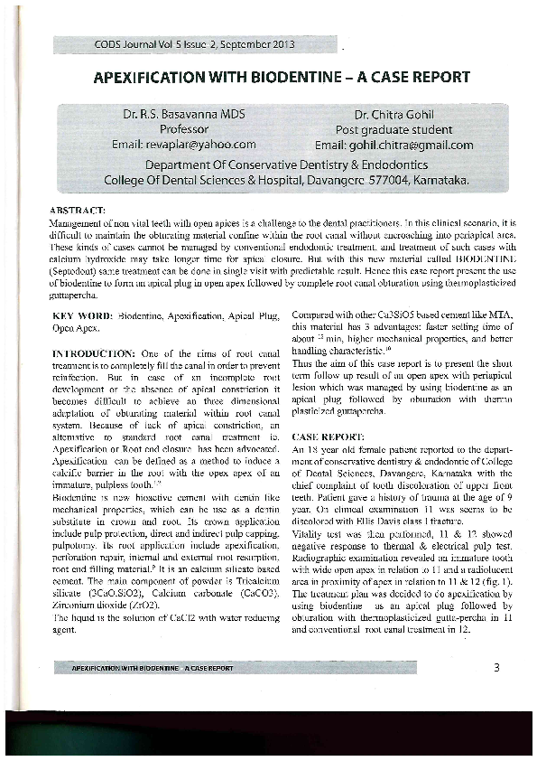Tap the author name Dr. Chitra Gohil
coord(393,116)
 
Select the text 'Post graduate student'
coord(393,130)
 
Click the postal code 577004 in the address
coord(383,181)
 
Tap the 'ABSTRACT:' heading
coord(79,210)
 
